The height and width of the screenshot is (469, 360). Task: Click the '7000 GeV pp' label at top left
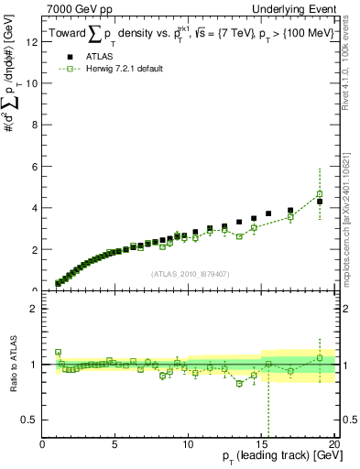(x=74, y=8)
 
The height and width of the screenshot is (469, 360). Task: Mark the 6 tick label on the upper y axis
(x=34, y=167)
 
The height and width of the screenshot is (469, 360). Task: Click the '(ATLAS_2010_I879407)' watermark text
(x=189, y=272)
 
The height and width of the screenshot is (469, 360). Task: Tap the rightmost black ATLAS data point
(x=320, y=202)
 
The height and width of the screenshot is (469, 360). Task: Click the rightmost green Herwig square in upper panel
(x=320, y=194)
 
